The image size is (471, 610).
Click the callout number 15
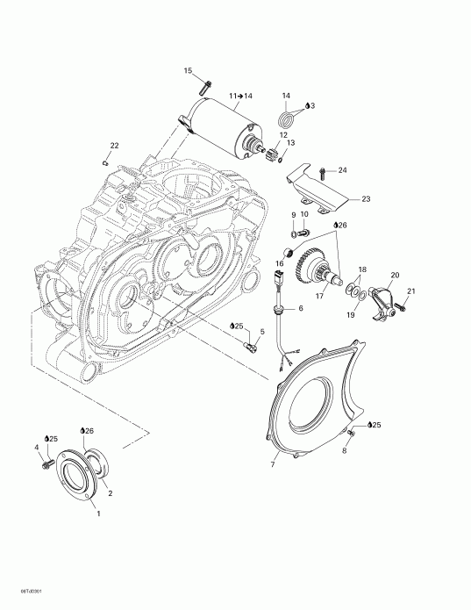click(x=188, y=70)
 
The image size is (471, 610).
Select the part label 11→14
click(x=240, y=94)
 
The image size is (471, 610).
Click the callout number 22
click(x=114, y=145)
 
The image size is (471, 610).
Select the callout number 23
click(x=365, y=199)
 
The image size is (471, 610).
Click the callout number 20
click(x=394, y=274)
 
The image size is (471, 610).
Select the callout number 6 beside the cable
click(x=300, y=308)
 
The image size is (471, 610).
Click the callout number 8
click(x=345, y=451)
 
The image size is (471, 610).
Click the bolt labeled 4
click(x=45, y=463)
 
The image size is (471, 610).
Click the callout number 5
click(x=260, y=332)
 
